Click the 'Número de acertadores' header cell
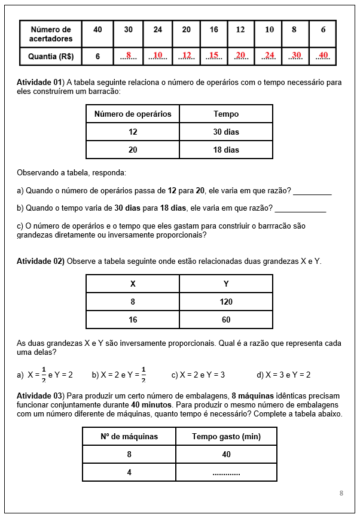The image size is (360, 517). [x=51, y=34]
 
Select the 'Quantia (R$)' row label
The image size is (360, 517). [x=51, y=57]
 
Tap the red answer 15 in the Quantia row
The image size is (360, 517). [x=213, y=56]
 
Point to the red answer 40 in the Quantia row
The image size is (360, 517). [x=323, y=56]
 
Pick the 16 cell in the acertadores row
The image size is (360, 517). [x=213, y=30]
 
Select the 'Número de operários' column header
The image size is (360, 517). [x=133, y=114]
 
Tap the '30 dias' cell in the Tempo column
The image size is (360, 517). [x=226, y=132]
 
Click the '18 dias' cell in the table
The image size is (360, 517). [x=226, y=150]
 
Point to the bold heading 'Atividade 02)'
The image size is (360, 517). [x=40, y=261]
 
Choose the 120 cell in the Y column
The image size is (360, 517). [x=226, y=302]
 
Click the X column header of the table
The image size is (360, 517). [x=133, y=284]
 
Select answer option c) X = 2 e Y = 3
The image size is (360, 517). [x=198, y=375]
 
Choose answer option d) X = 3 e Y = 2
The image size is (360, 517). [x=283, y=375]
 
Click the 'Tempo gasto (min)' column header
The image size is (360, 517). [x=226, y=436]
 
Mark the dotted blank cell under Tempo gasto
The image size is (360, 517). [x=226, y=473]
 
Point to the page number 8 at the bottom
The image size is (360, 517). [x=341, y=493]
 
